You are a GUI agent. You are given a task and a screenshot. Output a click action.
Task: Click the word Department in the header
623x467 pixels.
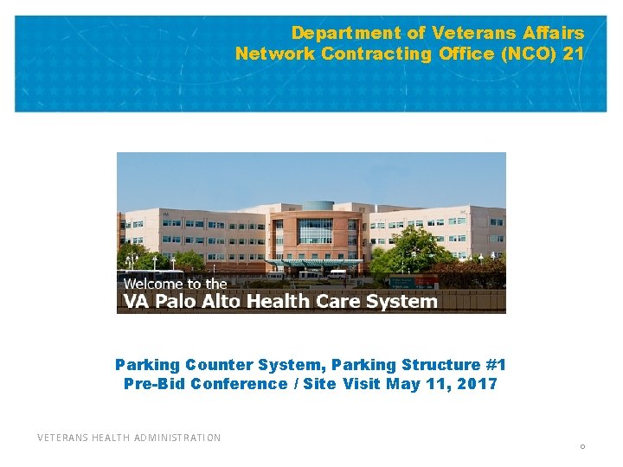[x=334, y=34]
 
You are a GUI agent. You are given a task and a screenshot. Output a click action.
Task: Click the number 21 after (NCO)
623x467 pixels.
[x=574, y=54]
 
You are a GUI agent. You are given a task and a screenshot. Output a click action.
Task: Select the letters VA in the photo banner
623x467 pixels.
[x=136, y=302]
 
